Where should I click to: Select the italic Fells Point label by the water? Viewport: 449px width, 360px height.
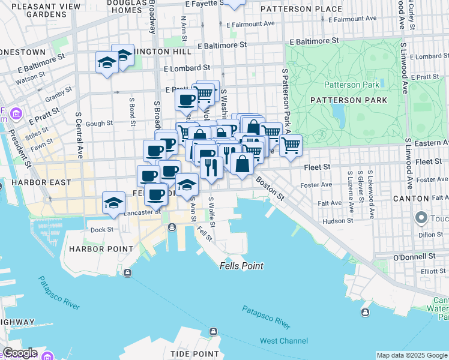[x=241, y=266]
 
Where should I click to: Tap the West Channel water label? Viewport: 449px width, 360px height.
[x=283, y=341]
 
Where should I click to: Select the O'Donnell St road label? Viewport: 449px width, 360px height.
[x=413, y=256]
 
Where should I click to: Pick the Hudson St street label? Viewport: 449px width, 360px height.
[x=337, y=221]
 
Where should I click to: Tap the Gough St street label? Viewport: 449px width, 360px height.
[x=100, y=124]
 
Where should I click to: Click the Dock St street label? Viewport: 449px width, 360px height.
[x=101, y=229]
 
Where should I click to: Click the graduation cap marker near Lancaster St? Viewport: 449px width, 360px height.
[x=113, y=202]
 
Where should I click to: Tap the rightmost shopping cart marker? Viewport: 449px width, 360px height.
[x=291, y=145]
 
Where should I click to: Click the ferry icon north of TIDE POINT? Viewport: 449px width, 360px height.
[x=212, y=331]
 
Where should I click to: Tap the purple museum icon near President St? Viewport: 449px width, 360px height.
[x=16, y=113]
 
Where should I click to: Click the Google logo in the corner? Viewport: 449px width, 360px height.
[x=19, y=353]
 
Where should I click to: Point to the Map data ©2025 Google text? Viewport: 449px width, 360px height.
[x=412, y=355]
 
